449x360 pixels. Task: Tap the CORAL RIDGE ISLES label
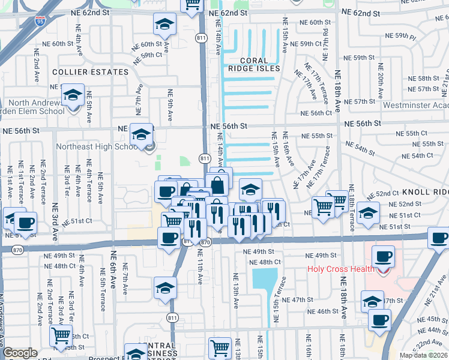(x=260, y=64)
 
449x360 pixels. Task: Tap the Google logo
(x=20, y=353)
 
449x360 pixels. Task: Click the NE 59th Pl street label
(x=396, y=36)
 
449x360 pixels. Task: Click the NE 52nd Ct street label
(x=384, y=193)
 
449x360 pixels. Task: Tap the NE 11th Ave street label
(x=200, y=268)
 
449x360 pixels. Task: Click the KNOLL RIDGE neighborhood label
(x=426, y=192)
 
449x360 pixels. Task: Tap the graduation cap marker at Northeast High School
(x=142, y=135)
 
